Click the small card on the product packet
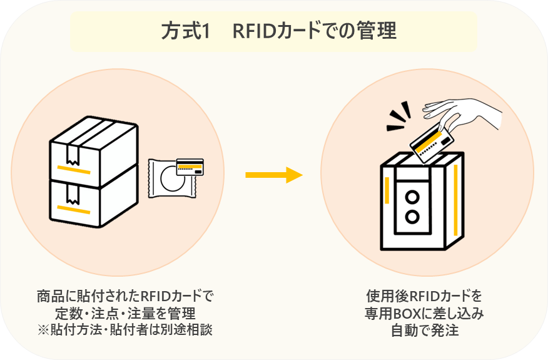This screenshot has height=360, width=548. (x=190, y=167)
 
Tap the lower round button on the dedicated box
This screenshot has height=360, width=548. (x=412, y=217)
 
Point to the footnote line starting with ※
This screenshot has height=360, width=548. (x=124, y=329)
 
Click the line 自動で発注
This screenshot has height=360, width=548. (x=424, y=330)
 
